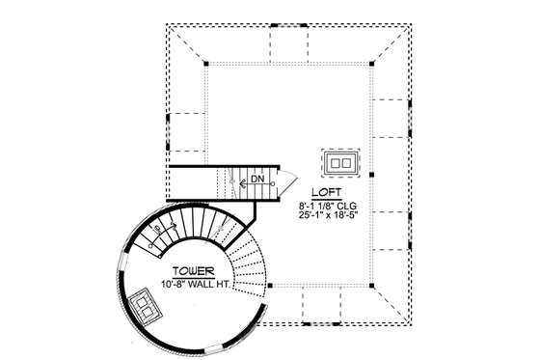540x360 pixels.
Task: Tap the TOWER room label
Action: pyautogui.click(x=195, y=271)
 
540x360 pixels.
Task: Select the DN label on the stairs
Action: pyautogui.click(x=257, y=180)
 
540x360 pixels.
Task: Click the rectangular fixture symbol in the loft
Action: pyautogui.click(x=340, y=162)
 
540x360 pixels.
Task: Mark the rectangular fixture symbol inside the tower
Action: pyautogui.click(x=147, y=308)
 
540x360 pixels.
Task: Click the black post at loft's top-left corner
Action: pyautogui.click(x=205, y=63)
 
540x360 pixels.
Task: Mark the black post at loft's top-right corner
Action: pyautogui.click(x=371, y=63)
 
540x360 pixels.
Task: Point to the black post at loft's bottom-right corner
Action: pyautogui.click(x=371, y=286)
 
